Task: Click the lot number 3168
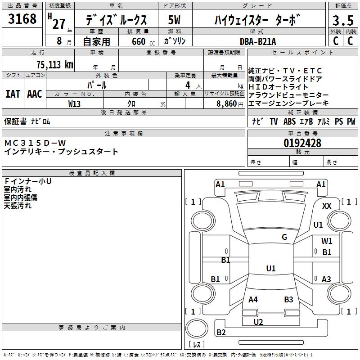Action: point(22,19)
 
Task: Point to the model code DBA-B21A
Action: point(258,41)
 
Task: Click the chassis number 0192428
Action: point(302,144)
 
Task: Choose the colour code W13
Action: point(75,103)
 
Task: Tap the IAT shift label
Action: point(13,94)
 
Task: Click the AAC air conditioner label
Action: point(35,94)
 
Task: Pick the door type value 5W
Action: point(174,20)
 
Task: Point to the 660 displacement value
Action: point(138,42)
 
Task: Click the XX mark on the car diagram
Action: point(327,206)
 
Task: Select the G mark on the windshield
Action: point(284,237)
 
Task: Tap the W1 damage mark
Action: point(327,241)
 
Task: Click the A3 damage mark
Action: point(326,279)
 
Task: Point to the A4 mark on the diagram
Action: point(253,300)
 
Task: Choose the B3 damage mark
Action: point(288,300)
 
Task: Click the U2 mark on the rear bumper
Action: point(258,322)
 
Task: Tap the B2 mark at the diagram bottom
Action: point(221,333)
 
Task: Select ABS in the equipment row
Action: point(290,121)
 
